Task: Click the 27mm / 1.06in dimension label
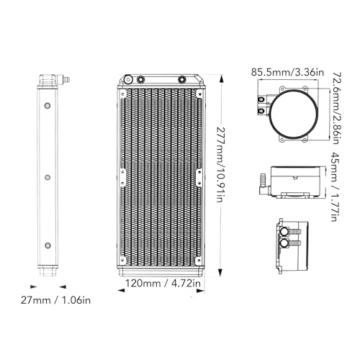coord(55,300)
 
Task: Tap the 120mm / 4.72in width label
coord(163,283)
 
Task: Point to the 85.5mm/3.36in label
coord(287,72)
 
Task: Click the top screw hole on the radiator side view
coord(48,105)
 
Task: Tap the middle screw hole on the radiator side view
coord(48,177)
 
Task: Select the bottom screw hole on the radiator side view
coord(48,246)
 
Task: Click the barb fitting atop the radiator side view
coord(63,79)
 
